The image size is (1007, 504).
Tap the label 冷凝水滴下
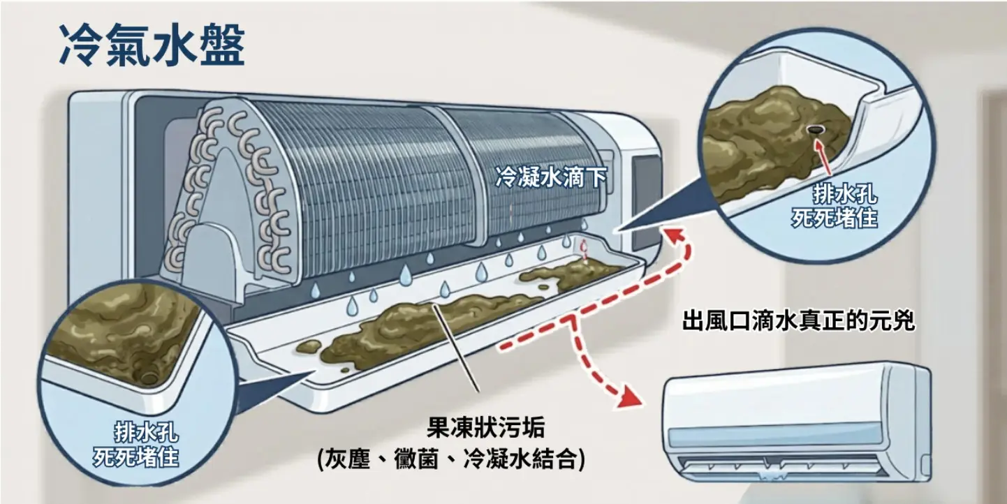(x=550, y=178)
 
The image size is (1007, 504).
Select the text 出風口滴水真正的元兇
(x=798, y=323)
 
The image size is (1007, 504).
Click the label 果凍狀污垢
(x=485, y=427)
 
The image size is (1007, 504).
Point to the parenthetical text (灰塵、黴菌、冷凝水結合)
(x=450, y=459)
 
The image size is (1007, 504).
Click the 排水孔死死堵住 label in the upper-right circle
(x=835, y=206)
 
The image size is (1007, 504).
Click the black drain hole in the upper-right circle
(x=814, y=129)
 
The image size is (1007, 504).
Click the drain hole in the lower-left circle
(x=149, y=378)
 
